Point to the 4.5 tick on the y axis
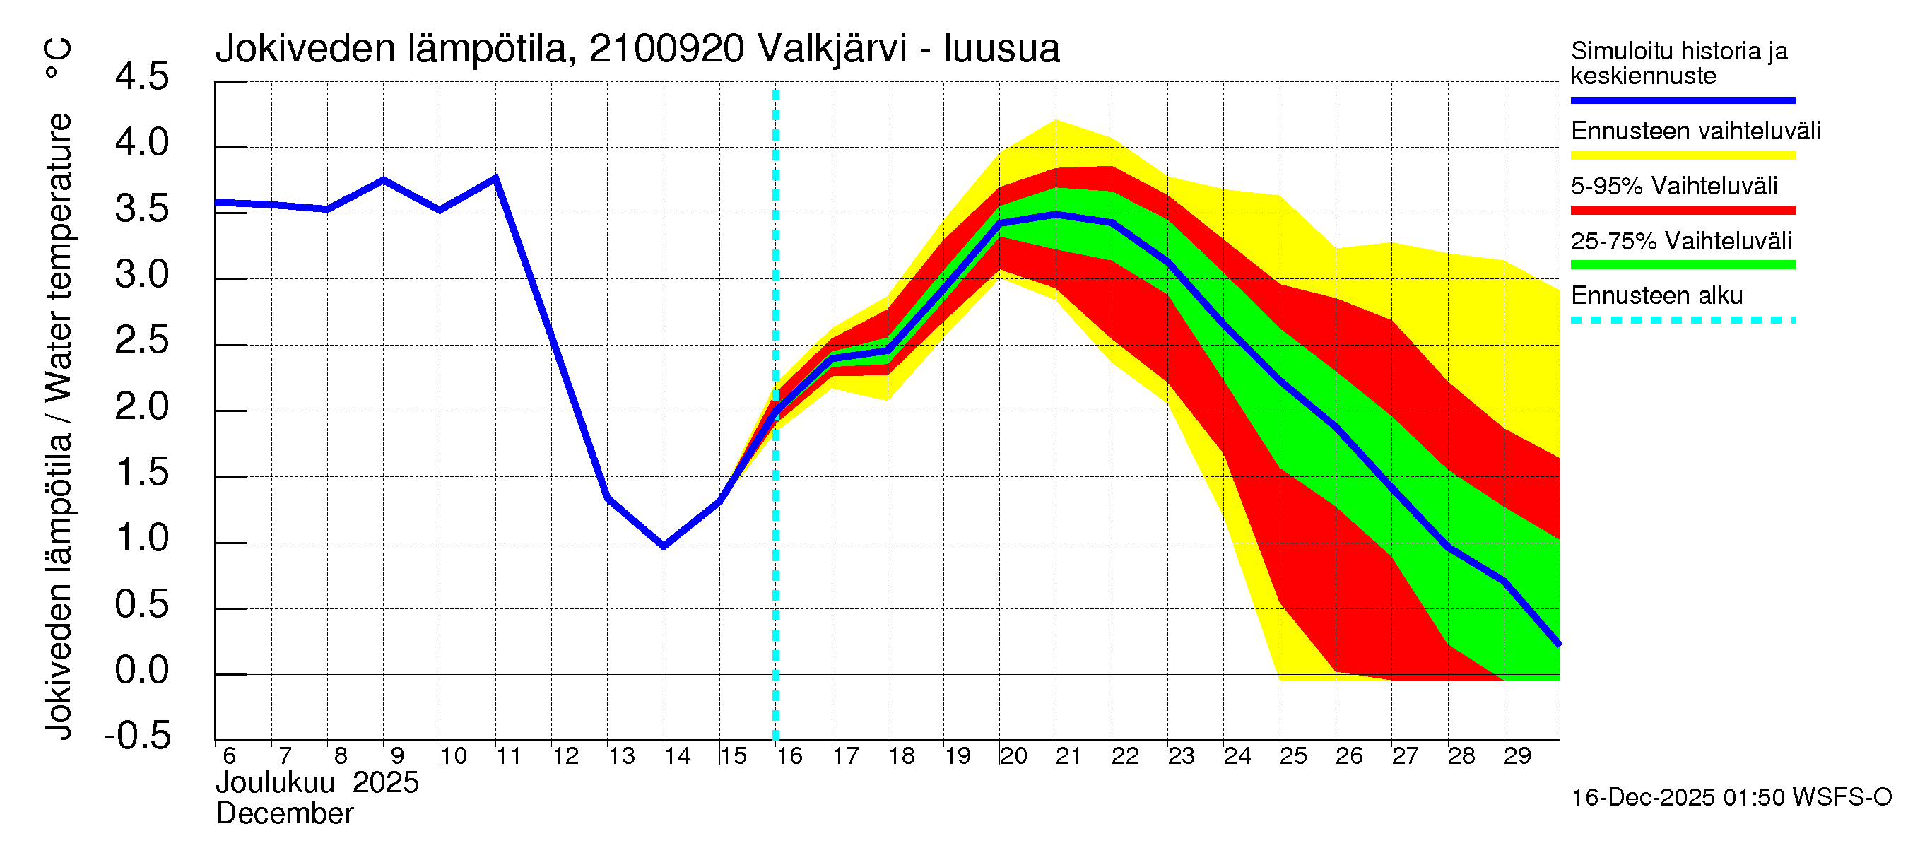click(142, 77)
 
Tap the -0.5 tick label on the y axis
click(139, 736)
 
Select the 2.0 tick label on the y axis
click(142, 406)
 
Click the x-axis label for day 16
click(789, 755)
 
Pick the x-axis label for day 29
click(1517, 755)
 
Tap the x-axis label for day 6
click(229, 755)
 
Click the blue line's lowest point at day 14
click(664, 546)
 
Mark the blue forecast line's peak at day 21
click(1056, 214)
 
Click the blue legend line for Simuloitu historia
click(1682, 100)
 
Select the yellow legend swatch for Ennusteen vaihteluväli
click(1682, 155)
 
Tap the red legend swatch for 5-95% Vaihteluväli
click(1682, 211)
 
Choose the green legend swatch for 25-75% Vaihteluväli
click(1682, 265)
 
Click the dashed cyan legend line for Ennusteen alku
click(1682, 320)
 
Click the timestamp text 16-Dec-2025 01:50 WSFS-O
click(1731, 797)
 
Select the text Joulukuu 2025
click(317, 783)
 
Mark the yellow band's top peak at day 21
click(1056, 121)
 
